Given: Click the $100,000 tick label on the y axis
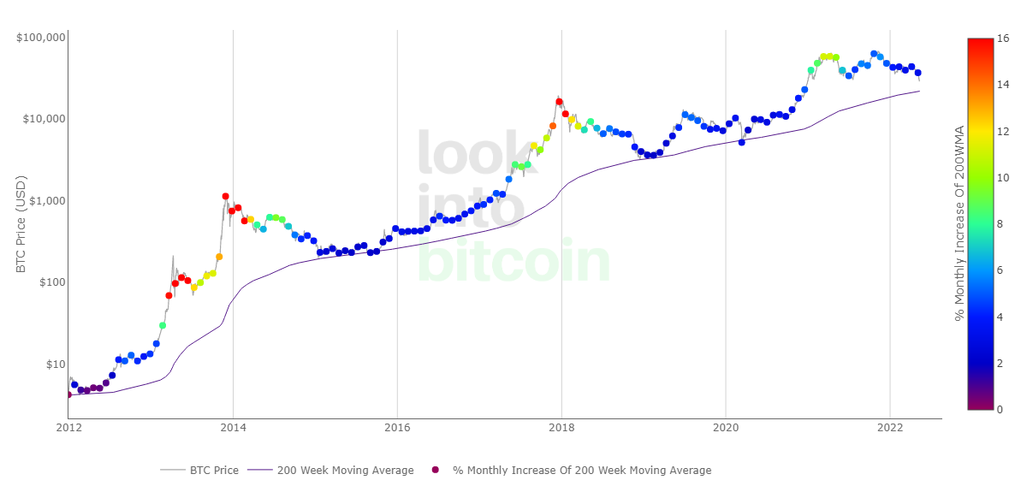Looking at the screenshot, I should (x=42, y=38).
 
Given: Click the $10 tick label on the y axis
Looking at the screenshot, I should (x=53, y=365).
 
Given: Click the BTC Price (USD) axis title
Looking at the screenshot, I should (x=21, y=225).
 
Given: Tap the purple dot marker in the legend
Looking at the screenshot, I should (x=435, y=470).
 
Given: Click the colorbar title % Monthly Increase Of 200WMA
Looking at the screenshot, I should (x=960, y=222).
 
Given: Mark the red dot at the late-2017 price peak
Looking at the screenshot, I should (x=559, y=102).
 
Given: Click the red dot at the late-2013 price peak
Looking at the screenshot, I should (x=225, y=197).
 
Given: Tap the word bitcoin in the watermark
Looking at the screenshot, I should (x=513, y=259).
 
